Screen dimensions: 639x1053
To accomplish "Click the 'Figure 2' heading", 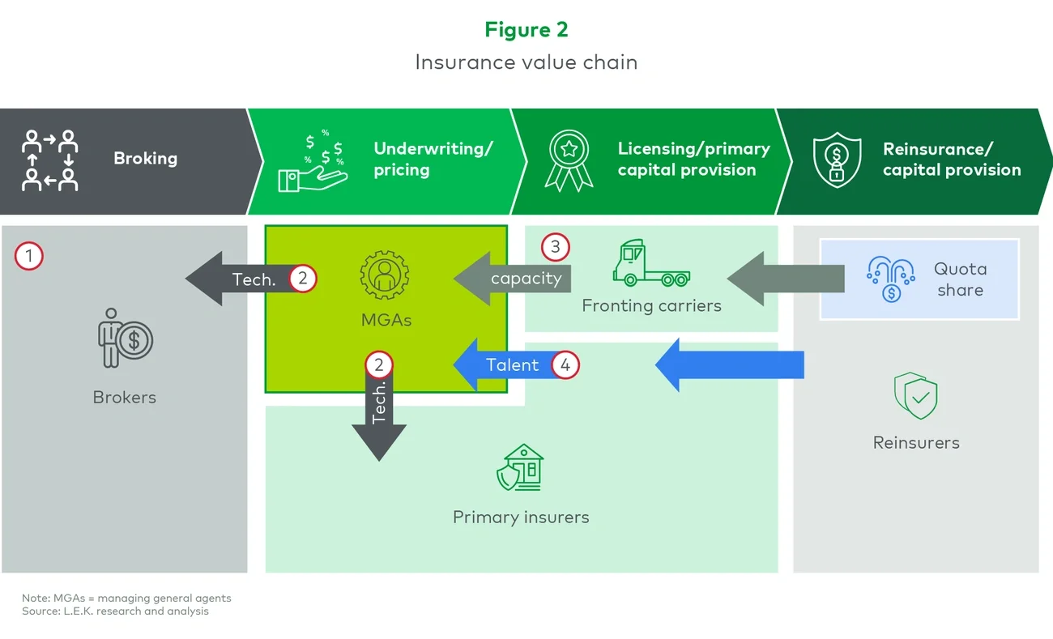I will click(x=526, y=30).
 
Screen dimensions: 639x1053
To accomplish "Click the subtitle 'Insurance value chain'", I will click(x=526, y=62).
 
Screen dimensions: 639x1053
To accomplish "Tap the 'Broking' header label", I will click(x=145, y=159).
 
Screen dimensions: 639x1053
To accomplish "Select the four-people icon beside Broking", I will click(x=50, y=160).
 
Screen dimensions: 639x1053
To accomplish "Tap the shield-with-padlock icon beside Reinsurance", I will click(x=837, y=160).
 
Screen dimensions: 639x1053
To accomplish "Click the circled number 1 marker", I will click(x=29, y=258).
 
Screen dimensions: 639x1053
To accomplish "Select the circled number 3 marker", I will click(x=555, y=246).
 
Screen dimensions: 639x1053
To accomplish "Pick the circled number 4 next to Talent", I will click(x=565, y=365).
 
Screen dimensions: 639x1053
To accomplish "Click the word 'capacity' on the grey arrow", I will click(x=526, y=279).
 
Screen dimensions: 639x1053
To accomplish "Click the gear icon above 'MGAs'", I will click(x=385, y=275).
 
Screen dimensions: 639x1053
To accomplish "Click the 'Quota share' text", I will click(x=960, y=279).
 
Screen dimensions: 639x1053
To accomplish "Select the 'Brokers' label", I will click(x=124, y=398).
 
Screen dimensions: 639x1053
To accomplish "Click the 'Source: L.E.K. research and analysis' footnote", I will click(x=115, y=611).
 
